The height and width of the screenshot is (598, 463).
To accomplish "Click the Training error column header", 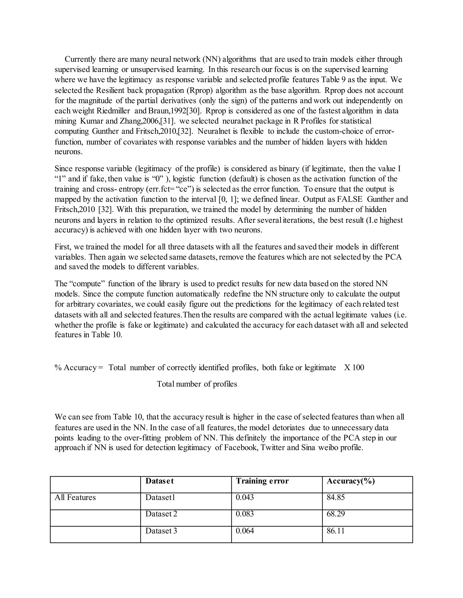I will point(262,481).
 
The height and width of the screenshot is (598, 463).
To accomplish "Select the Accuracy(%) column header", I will point(351,481).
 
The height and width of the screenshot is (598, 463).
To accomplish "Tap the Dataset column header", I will point(159,481).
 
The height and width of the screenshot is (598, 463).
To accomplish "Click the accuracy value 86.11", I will point(335,531).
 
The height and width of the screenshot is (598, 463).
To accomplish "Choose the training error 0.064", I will point(245,531).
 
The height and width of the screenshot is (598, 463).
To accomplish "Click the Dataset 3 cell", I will point(161,531).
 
